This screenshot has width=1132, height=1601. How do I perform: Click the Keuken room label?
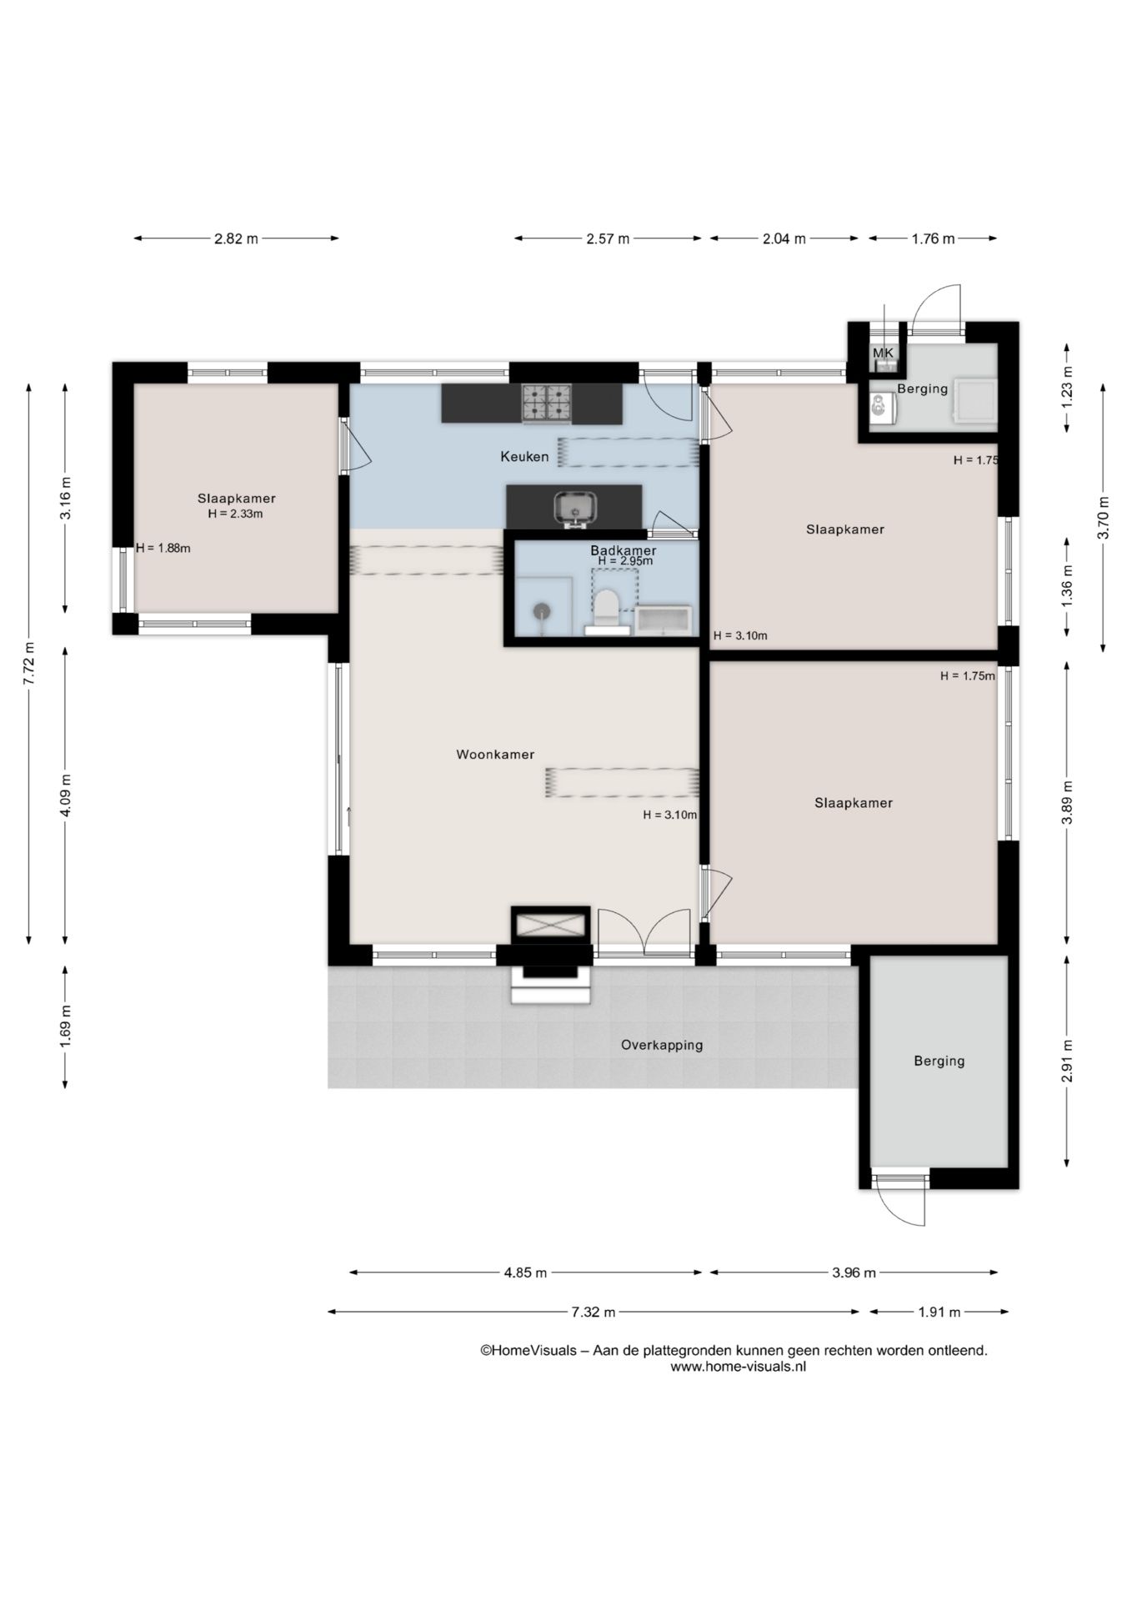524,456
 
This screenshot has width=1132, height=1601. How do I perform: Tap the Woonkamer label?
495,754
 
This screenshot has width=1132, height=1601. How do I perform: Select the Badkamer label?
624,550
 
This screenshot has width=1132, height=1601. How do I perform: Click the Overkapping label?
662,1045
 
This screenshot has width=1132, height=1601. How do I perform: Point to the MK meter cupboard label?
883,354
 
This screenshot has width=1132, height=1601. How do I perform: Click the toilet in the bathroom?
607,609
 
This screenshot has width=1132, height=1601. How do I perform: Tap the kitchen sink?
575,508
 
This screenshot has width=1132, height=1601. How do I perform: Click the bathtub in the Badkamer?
664,620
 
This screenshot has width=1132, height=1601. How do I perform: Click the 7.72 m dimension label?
29,664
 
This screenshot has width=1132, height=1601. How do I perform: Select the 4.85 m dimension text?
526,1272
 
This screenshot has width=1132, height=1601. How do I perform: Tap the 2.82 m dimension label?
236,238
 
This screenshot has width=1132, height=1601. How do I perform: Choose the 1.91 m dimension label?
939,1312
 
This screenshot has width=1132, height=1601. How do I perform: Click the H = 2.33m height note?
236,514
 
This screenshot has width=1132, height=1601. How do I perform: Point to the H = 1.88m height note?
163,548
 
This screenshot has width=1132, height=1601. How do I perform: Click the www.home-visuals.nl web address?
738,1366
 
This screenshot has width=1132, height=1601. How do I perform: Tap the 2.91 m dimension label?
1067,1061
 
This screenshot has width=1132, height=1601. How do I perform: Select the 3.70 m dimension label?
1104,518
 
